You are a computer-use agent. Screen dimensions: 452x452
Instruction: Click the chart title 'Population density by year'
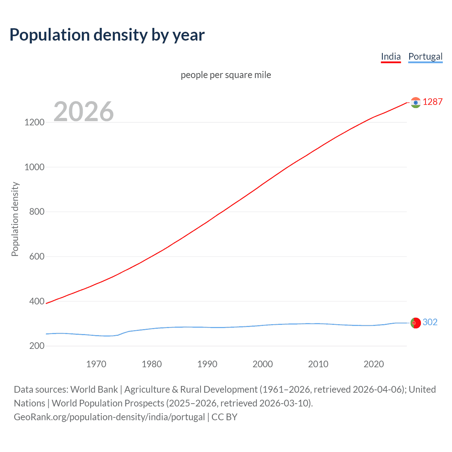(x=107, y=35)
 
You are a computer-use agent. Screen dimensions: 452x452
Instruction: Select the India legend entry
(x=391, y=57)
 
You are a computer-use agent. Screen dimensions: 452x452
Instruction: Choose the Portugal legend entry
(x=425, y=57)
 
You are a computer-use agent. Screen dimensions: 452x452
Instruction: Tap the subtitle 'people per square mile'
(x=226, y=75)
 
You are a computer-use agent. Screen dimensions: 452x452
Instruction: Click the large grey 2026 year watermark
(x=84, y=112)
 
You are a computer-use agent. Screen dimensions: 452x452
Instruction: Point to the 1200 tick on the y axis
(x=34, y=123)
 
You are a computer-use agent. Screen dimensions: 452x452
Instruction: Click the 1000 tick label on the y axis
(x=34, y=167)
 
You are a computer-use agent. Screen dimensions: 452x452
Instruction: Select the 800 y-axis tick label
(x=37, y=212)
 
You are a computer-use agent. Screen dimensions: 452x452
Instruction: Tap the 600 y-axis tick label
(x=37, y=257)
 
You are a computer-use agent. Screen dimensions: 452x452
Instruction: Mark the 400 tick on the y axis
(x=37, y=301)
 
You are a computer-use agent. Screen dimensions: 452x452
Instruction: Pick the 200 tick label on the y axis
(x=37, y=346)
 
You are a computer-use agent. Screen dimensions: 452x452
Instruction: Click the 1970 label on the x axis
(x=96, y=364)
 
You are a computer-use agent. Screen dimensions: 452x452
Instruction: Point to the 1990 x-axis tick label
(x=207, y=364)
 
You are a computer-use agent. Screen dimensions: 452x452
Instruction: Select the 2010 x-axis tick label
(x=318, y=364)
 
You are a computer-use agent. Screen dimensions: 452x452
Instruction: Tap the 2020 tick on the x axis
(x=374, y=364)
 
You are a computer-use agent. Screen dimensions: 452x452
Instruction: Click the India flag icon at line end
(x=416, y=102)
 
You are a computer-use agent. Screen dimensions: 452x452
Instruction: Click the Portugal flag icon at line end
(x=416, y=323)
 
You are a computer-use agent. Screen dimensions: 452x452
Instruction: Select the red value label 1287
(x=433, y=102)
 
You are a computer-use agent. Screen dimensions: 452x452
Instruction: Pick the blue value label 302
(x=430, y=322)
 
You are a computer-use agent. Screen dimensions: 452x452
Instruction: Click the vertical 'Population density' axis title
(x=15, y=219)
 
